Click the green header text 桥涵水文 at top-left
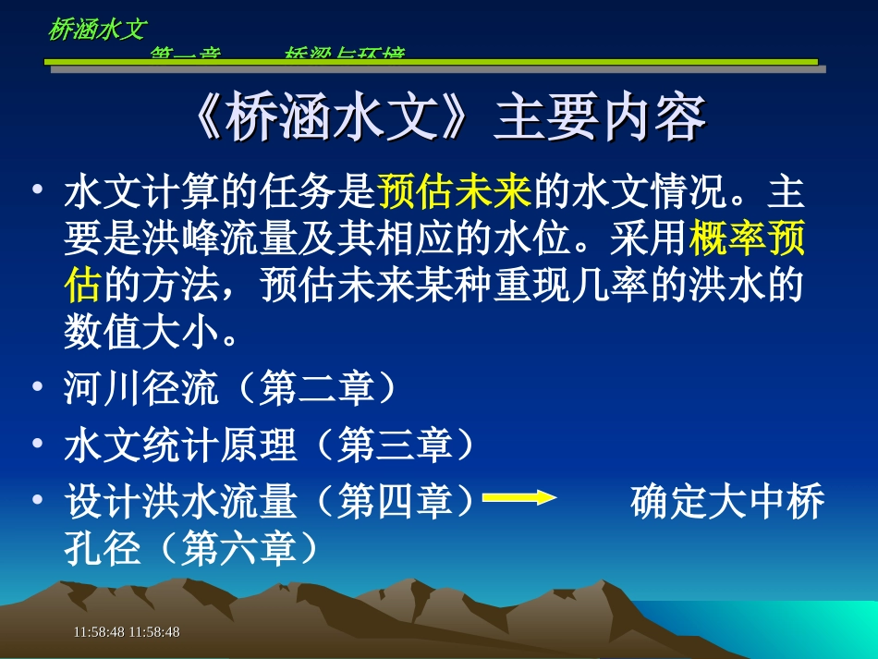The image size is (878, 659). [97, 30]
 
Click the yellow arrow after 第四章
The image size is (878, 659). [519, 499]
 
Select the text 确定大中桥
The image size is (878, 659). [727, 504]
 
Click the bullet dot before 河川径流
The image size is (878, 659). [37, 386]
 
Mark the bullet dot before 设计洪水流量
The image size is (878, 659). [37, 500]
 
